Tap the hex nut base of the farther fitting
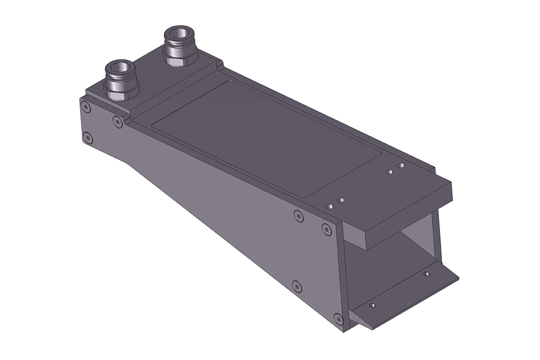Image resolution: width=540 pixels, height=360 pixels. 179,56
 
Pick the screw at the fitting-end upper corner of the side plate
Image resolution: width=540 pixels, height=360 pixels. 85,107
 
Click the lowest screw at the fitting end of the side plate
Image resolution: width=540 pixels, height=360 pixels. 87,138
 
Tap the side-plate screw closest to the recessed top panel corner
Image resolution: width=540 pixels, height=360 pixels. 118,122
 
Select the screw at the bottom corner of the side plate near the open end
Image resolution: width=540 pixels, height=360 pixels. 339,319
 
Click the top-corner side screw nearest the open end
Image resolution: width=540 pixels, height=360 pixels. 326,229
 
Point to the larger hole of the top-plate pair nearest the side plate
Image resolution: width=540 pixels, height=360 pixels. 329,207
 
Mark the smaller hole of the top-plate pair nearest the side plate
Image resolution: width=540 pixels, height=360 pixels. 340,200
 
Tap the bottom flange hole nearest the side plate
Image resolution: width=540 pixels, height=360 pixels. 372,305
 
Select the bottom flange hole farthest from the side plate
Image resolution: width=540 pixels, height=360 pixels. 426,274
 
